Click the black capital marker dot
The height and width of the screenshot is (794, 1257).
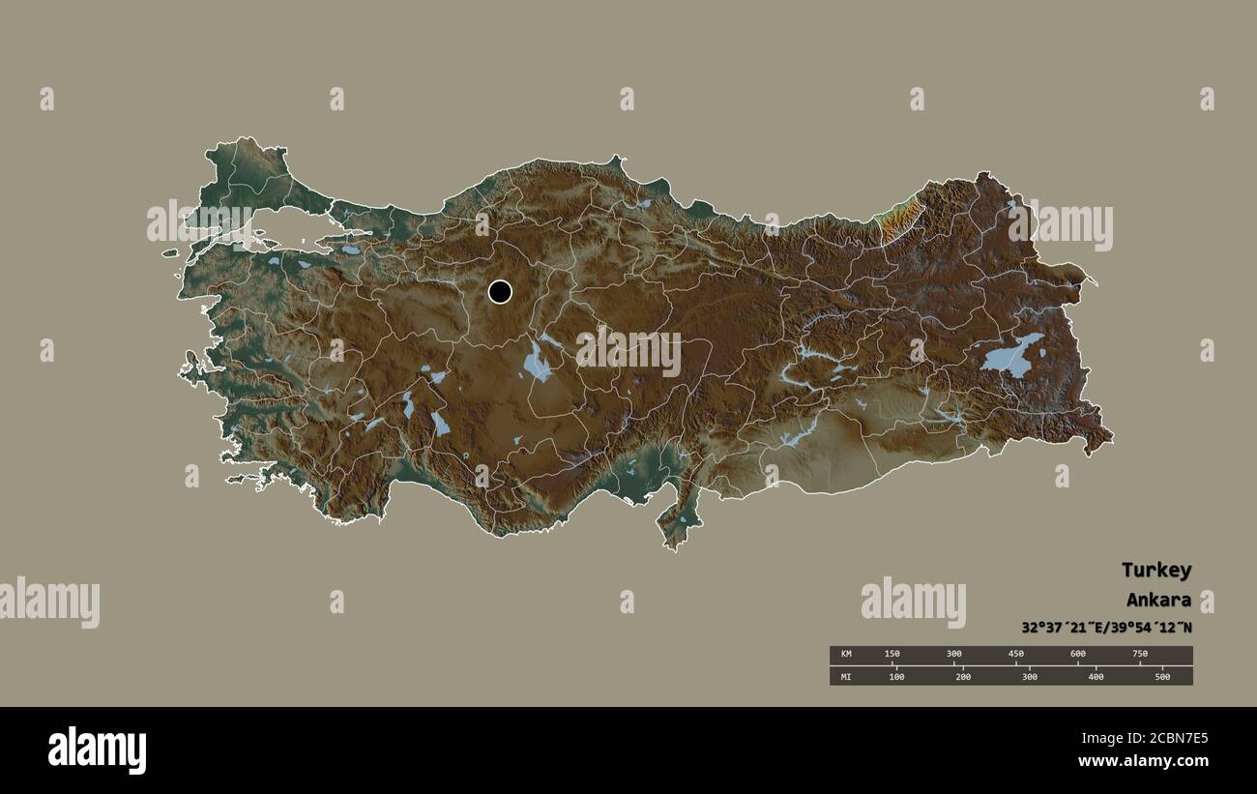[500, 291]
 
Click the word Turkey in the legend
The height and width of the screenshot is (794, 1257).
[1155, 570]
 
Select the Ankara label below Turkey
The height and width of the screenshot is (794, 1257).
[1158, 600]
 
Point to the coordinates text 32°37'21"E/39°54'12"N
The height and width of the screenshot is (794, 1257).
[1106, 627]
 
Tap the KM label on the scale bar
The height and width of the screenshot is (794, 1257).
[847, 655]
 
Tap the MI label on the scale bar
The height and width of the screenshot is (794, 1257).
[847, 676]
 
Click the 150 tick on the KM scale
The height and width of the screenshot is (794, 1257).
[892, 655]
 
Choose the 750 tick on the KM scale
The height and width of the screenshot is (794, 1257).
[1140, 655]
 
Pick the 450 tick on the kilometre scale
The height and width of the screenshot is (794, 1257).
[1016, 655]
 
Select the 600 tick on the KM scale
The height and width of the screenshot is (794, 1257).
[1078, 655]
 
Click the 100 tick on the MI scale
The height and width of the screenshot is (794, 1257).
[896, 676]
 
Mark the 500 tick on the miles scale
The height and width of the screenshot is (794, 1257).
[1162, 676]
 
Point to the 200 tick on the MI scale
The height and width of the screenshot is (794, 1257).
[963, 676]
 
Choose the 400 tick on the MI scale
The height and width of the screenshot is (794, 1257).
[1096, 676]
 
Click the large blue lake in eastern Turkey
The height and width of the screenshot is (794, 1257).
[1009, 357]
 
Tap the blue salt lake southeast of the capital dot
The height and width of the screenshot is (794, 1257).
[536, 362]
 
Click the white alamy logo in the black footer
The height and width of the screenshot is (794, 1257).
[97, 750]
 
